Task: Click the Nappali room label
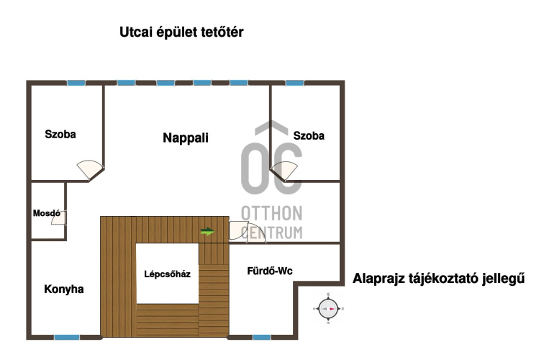(x=186, y=138)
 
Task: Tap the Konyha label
(x=64, y=289)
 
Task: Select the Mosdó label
(x=47, y=213)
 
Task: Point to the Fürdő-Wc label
(x=270, y=271)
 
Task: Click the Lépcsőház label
(x=167, y=274)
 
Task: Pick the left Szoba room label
(x=60, y=135)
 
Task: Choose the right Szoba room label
(x=309, y=136)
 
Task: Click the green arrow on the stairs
(x=207, y=232)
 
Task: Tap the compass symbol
(x=328, y=309)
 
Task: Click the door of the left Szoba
(x=91, y=169)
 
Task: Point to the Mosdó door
(x=59, y=217)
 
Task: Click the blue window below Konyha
(x=67, y=337)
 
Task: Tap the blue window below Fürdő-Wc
(x=262, y=337)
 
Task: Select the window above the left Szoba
(x=76, y=83)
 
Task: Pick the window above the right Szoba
(x=295, y=83)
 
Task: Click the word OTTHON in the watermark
(x=272, y=213)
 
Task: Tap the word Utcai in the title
(x=136, y=32)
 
